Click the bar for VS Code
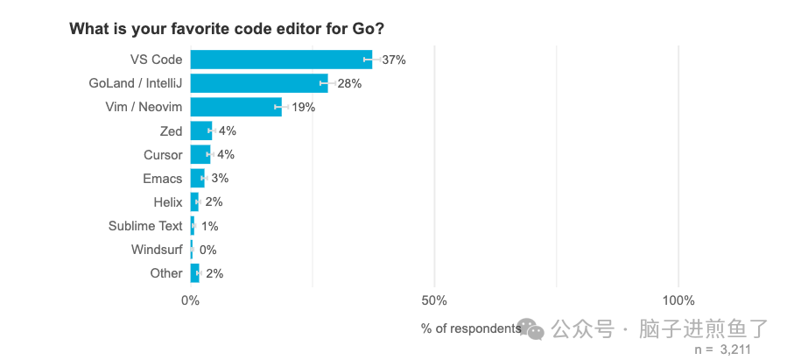click(x=280, y=60)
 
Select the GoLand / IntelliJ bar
click(x=258, y=83)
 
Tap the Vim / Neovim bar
click(x=235, y=107)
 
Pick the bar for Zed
click(x=200, y=131)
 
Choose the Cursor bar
click(x=200, y=154)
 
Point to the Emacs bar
click(x=197, y=178)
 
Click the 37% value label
click(x=394, y=60)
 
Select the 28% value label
click(x=349, y=83)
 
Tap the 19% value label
click(x=303, y=107)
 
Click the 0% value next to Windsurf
click(x=208, y=250)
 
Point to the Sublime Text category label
click(x=145, y=226)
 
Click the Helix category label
click(x=167, y=201)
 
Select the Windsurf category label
click(x=157, y=250)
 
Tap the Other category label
click(x=166, y=273)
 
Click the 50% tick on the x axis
click(x=434, y=300)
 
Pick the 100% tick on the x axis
click(x=678, y=300)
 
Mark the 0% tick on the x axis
click(x=190, y=300)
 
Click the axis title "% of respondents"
click(x=471, y=328)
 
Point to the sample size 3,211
click(x=735, y=349)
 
